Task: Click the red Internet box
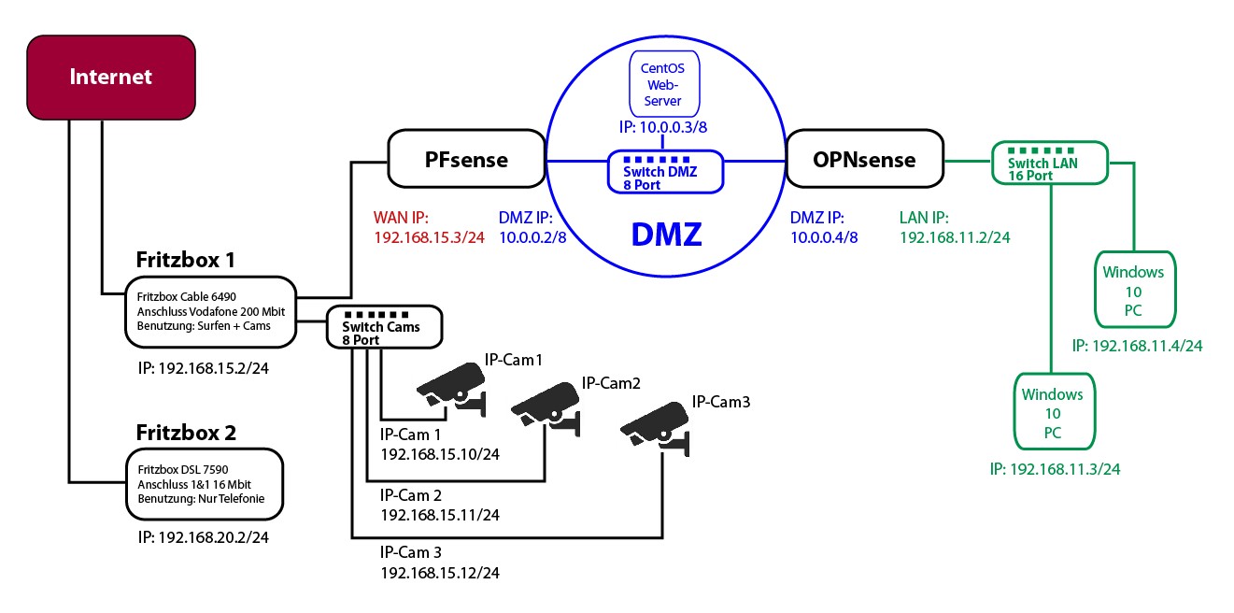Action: pos(110,76)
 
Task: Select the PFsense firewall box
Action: pos(466,161)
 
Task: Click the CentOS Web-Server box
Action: pos(660,84)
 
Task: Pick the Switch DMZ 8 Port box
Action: pos(665,172)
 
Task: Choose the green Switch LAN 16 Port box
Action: pos(1048,163)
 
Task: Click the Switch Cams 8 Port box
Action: pos(381,327)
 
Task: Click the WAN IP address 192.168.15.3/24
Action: pos(428,238)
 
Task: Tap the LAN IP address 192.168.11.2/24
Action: pos(955,238)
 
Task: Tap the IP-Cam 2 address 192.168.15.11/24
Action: pos(439,514)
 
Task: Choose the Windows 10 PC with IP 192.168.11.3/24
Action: pos(1052,413)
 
